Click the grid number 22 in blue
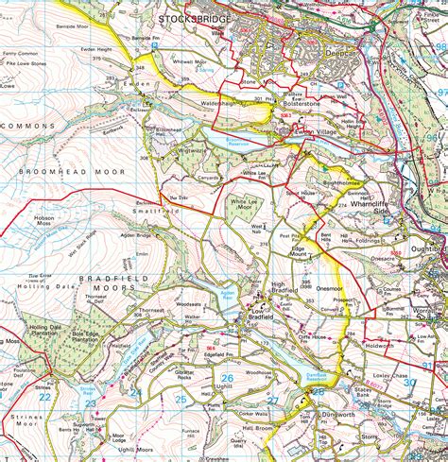pyautogui.click(x=44, y=398)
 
